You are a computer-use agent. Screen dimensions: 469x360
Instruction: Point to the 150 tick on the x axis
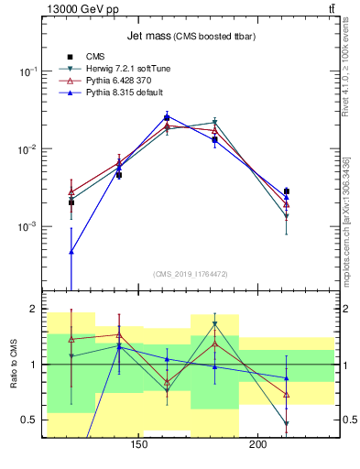pos(139,446)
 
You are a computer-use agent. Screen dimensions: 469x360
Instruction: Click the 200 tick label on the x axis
pos(258,446)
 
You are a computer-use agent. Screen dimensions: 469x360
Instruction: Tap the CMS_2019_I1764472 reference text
pos(190,274)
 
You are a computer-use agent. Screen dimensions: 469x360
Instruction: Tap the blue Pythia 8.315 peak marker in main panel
pos(167,116)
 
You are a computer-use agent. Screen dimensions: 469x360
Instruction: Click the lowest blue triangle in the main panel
pos(71,251)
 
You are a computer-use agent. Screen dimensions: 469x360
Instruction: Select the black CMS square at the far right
pos(287,191)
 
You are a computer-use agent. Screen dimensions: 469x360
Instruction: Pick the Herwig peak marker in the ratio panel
pos(214,324)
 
